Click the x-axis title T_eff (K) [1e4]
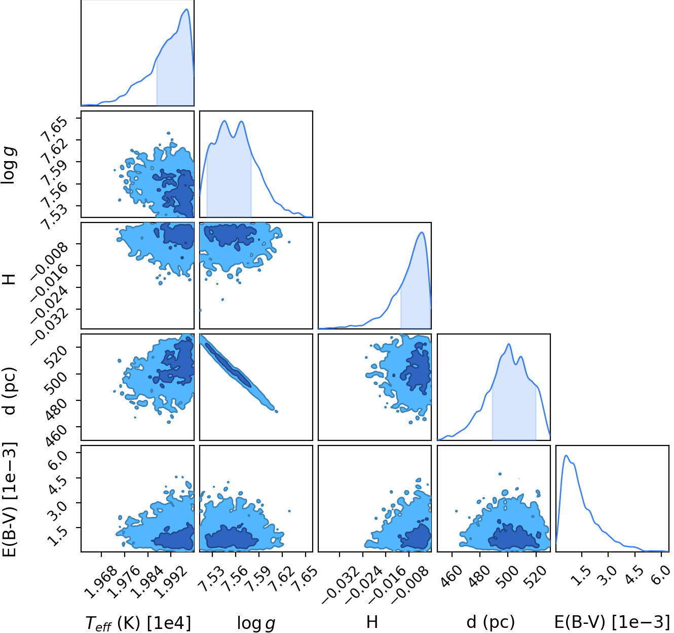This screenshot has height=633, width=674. [138, 623]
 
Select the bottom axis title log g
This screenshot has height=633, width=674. [256, 623]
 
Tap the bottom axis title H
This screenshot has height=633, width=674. [372, 622]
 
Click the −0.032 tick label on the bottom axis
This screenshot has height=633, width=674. [341, 584]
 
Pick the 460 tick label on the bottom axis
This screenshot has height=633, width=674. [452, 576]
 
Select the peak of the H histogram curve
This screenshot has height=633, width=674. [422, 232]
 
